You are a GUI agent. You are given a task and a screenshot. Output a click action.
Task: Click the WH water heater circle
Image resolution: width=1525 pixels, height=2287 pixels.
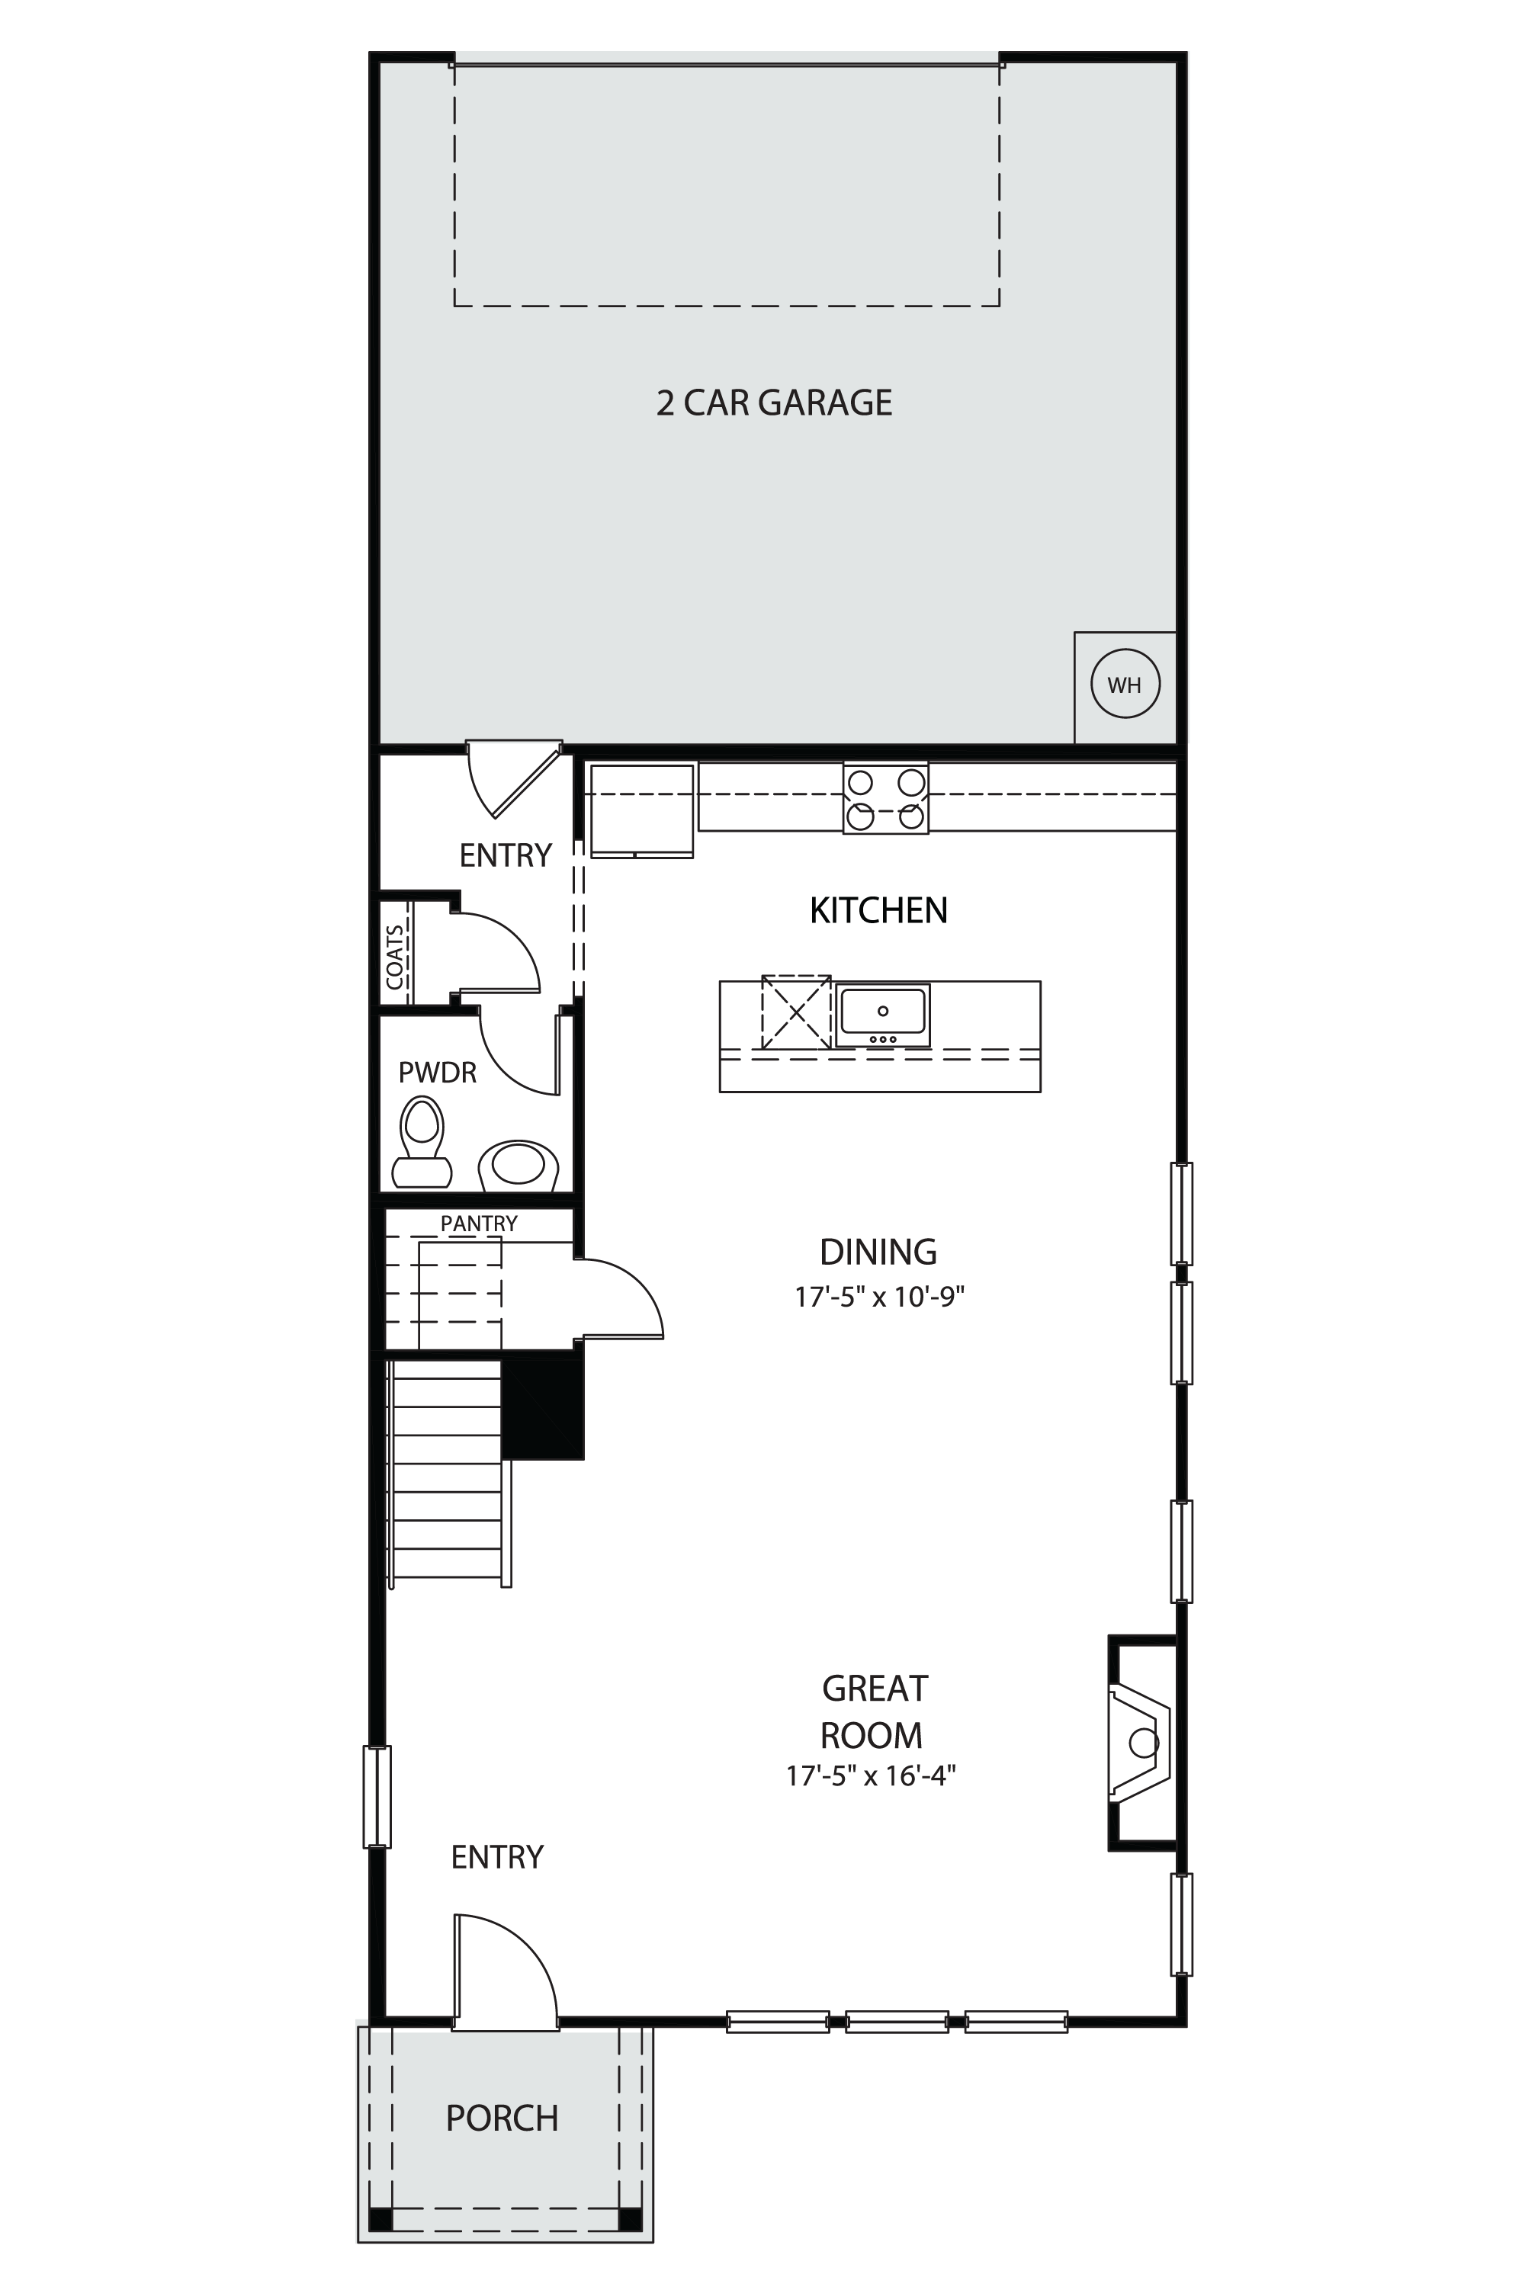coord(1125,685)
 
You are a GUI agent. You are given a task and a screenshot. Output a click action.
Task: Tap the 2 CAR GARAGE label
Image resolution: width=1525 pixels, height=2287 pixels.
coord(774,403)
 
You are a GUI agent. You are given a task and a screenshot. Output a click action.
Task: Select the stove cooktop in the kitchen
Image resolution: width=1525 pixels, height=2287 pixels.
coord(885,798)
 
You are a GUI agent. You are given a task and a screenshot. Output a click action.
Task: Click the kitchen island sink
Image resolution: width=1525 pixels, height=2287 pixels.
coord(882,1014)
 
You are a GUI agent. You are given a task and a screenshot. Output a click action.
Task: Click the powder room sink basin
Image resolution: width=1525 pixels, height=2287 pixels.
coord(518,1165)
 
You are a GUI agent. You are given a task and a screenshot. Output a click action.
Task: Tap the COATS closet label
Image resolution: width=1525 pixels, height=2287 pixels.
coord(394,957)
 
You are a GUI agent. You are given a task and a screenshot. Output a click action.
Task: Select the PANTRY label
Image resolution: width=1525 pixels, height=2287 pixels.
coord(479,1224)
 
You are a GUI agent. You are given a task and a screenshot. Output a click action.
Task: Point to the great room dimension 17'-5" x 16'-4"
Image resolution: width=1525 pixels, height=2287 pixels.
coord(872,1775)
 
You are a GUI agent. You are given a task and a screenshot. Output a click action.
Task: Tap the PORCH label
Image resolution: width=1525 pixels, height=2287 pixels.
coord(502,2118)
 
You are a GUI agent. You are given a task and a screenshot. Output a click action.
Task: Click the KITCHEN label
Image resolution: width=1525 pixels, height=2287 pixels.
coord(878,911)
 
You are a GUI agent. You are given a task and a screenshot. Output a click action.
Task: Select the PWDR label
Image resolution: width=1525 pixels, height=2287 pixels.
coord(438,1073)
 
